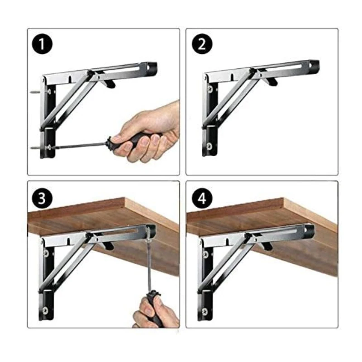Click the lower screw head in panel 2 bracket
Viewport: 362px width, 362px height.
(x=209, y=146)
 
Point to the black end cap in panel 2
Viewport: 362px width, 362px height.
(x=314, y=65)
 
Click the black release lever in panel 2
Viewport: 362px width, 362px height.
(x=271, y=81)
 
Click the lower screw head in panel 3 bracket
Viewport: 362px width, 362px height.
(x=46, y=310)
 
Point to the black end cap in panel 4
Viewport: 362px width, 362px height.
(x=310, y=230)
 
